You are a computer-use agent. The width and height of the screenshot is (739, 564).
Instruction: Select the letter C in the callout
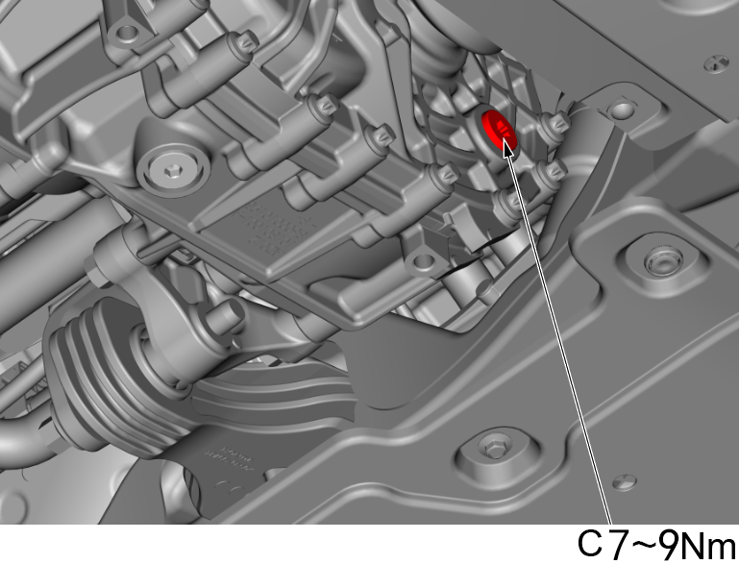point(591,545)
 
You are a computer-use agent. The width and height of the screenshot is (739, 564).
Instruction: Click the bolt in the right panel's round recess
point(659,259)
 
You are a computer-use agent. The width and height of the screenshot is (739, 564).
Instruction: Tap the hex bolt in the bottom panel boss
point(494,446)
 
